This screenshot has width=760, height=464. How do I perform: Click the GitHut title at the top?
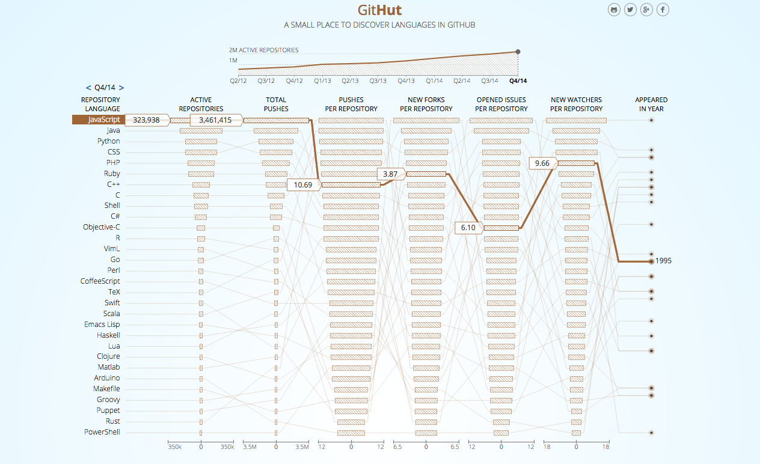click(x=379, y=10)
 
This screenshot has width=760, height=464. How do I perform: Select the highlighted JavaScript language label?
click(x=99, y=120)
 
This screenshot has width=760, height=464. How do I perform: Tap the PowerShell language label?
click(x=102, y=432)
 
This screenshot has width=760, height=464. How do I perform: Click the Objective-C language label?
click(x=102, y=227)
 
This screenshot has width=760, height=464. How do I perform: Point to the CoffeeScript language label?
click(x=100, y=281)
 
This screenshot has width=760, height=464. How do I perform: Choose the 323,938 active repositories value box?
click(x=147, y=120)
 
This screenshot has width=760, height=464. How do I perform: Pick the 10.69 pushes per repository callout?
click(x=303, y=185)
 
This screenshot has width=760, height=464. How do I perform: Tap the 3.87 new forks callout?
click(x=390, y=174)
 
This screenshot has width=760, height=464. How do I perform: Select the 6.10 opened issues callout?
click(x=468, y=228)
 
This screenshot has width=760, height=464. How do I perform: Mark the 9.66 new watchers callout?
click(x=542, y=163)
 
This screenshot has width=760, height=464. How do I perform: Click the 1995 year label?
click(x=664, y=261)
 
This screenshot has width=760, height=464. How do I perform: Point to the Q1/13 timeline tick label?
click(x=322, y=81)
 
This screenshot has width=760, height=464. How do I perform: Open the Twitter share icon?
click(x=630, y=10)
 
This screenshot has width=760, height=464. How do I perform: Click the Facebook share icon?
click(x=663, y=10)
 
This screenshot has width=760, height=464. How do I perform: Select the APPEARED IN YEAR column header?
click(x=651, y=104)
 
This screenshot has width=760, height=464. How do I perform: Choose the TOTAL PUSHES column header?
click(x=276, y=104)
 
